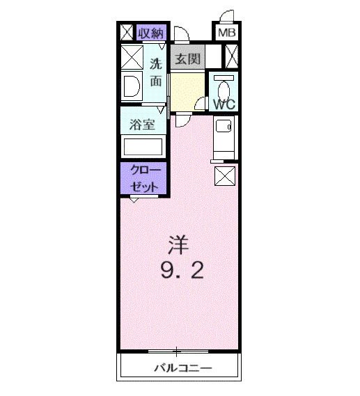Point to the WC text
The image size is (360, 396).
point(224,104)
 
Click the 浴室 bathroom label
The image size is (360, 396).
point(143,125)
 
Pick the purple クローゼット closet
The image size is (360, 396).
point(143,179)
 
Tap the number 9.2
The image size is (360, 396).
point(182,270)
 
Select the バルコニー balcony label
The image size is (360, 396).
point(182,367)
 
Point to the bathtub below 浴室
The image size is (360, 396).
point(143,147)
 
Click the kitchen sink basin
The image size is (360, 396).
point(224,127)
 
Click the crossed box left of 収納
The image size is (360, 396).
point(127,33)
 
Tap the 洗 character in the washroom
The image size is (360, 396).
point(157,63)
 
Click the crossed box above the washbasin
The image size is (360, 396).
point(132,55)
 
